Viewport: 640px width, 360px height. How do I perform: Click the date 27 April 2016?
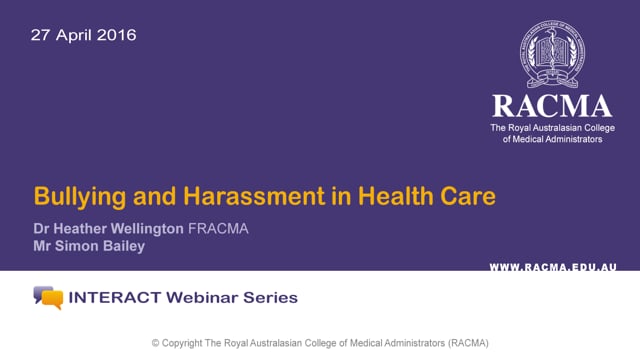(x=83, y=35)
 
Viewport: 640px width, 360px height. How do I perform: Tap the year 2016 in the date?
(x=117, y=35)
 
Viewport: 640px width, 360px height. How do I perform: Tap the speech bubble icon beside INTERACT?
(x=47, y=297)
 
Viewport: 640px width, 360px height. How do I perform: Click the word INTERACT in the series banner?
(x=111, y=297)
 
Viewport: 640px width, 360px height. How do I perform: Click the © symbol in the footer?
(x=156, y=343)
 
